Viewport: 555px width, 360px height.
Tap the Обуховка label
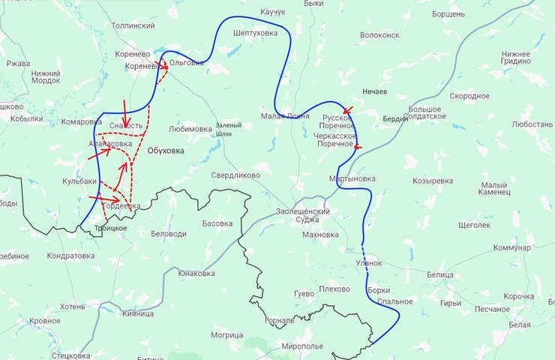165,150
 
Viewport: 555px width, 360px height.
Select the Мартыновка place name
352,178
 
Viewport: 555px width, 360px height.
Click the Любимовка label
190,129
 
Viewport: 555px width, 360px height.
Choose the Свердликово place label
235,175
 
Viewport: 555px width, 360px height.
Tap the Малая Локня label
285,115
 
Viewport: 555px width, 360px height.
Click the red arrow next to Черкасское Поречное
357,147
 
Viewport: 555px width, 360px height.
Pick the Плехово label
334,289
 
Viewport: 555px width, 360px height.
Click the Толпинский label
133,25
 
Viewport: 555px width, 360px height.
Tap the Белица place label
439,275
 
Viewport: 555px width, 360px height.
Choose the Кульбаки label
79,181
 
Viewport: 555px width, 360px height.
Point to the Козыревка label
433,181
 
